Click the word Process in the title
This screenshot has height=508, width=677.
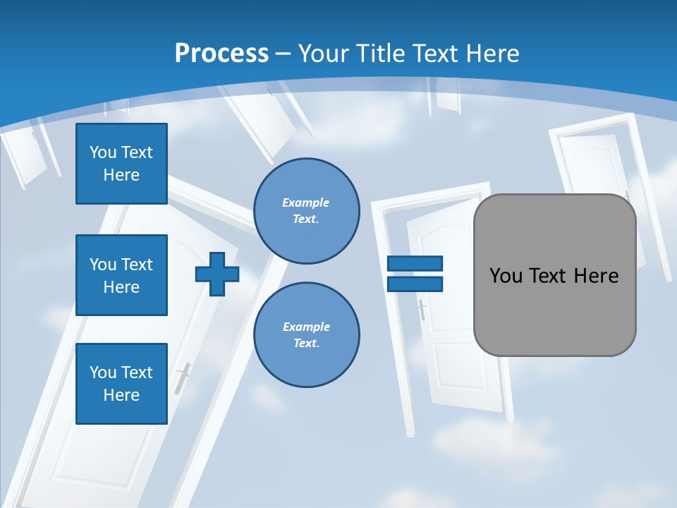(x=221, y=54)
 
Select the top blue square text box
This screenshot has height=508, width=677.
(x=121, y=164)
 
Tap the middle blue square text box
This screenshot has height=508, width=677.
(x=121, y=275)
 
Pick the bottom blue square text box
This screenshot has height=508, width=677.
(x=121, y=384)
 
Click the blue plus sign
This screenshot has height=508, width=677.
(x=217, y=274)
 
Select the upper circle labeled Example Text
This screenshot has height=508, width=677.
(x=307, y=210)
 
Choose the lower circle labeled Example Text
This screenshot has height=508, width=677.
(x=307, y=334)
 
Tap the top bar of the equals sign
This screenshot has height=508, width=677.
(x=415, y=263)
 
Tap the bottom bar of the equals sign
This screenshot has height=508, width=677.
(x=415, y=284)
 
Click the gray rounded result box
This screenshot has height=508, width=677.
(x=555, y=303)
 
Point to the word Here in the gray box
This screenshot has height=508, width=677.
(x=596, y=276)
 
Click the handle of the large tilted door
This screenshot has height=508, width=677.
(x=183, y=379)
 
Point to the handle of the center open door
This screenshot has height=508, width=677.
(x=422, y=309)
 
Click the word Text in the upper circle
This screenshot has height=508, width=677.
(x=305, y=219)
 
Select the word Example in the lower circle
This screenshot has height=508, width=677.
(x=306, y=327)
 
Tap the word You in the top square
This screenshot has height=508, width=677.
(x=103, y=152)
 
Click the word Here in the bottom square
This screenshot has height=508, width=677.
(x=121, y=395)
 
